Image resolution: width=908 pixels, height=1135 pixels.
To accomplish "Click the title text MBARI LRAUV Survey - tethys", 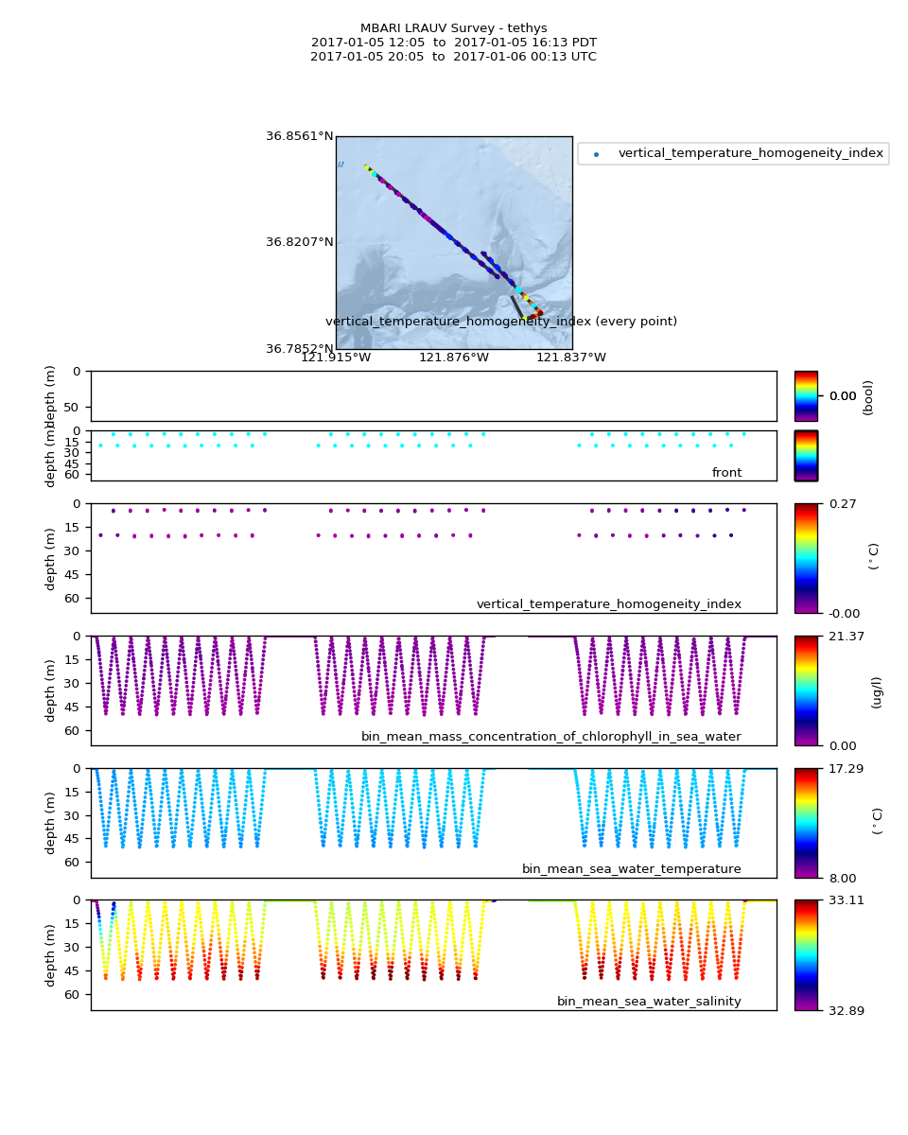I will click(453, 28).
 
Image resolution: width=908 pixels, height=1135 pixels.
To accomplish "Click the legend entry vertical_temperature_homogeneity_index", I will click(750, 153).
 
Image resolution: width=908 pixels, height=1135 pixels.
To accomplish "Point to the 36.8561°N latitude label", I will click(299, 136).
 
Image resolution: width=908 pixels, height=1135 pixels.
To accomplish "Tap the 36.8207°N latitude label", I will click(299, 242).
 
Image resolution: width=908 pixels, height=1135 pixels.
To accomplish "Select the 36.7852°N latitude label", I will click(299, 349).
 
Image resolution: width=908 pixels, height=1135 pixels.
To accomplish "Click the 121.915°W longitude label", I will click(336, 357).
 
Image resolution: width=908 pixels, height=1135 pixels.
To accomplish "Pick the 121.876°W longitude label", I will click(454, 357).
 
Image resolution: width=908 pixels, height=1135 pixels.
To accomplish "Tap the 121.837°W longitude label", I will click(571, 357).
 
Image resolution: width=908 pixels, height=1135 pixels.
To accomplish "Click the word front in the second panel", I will click(726, 473).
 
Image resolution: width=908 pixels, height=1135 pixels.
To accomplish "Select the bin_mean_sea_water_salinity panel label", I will click(649, 1002).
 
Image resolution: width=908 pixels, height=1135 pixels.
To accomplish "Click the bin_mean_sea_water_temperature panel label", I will click(631, 869).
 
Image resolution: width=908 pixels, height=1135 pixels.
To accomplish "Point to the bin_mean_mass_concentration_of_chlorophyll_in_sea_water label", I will click(550, 737).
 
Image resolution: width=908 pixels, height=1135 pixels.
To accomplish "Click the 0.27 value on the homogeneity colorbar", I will click(837, 503).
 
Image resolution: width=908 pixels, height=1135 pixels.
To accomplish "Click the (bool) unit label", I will click(868, 397).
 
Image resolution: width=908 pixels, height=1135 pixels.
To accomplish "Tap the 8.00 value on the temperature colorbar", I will click(837, 878).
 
